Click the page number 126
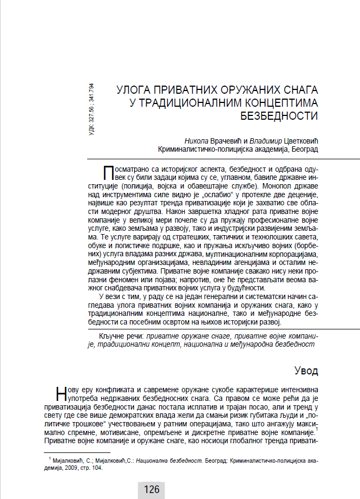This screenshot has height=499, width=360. click(152, 490)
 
